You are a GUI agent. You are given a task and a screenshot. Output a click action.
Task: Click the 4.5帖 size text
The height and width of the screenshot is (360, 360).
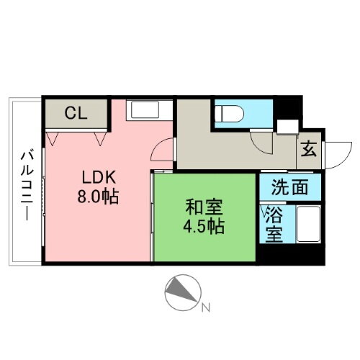coord(203,226)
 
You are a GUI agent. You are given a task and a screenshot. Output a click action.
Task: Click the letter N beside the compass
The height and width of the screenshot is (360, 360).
coord(206,309)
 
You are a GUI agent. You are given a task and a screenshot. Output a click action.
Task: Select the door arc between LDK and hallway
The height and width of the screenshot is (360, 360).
coord(165,151)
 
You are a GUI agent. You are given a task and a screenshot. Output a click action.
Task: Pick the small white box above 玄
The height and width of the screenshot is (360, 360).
coord(286,127)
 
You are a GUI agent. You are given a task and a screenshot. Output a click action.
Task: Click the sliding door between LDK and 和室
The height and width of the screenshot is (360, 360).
coord(152,216)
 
